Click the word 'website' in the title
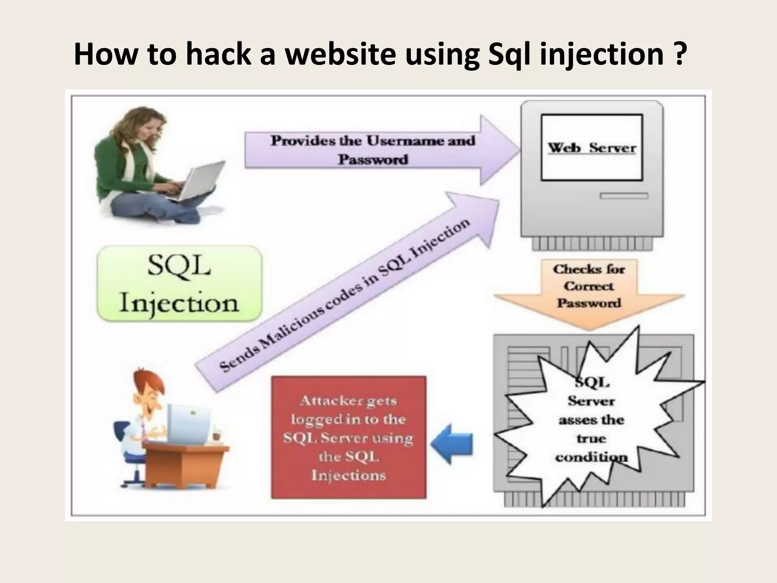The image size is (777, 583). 340,54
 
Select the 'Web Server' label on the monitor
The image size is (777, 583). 591,148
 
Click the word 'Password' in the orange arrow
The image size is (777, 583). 589,303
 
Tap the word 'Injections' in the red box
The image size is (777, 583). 348,475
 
